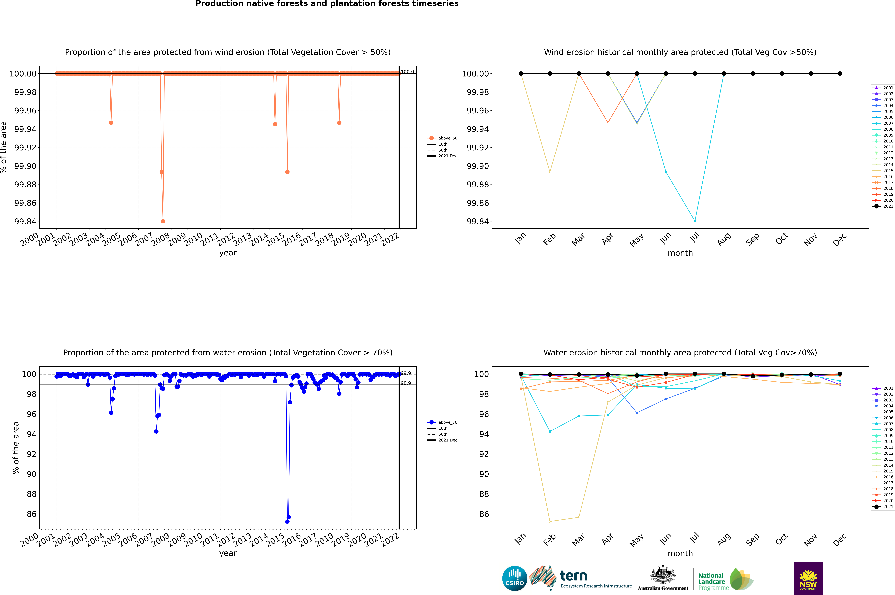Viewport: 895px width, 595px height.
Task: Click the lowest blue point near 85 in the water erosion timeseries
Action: click(287, 521)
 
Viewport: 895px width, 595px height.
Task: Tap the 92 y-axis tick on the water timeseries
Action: click(31, 454)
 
